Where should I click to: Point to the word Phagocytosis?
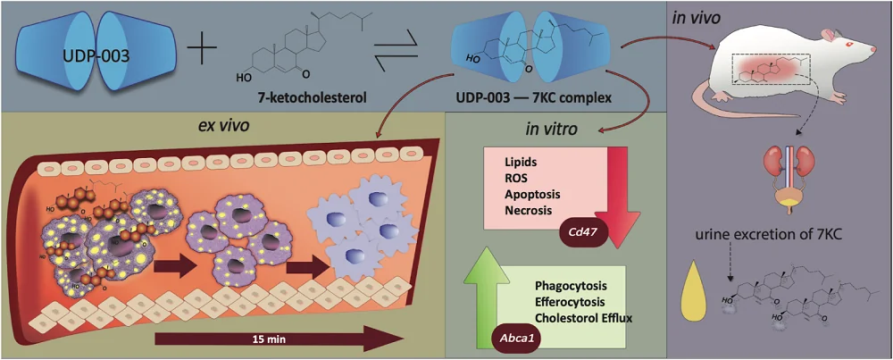click(x=571, y=286)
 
